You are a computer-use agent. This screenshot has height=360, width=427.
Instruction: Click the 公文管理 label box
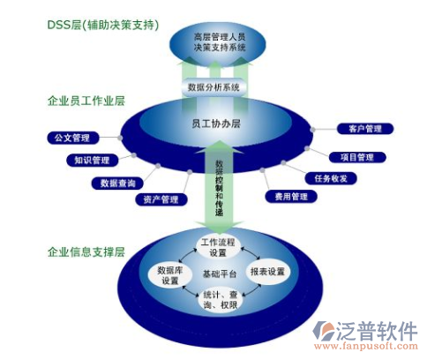pyautogui.click(x=71, y=138)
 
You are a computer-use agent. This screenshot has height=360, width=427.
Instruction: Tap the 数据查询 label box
pyautogui.click(x=118, y=183)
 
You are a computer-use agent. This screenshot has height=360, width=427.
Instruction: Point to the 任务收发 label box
pyautogui.click(x=331, y=178)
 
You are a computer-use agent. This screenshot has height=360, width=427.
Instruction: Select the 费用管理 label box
pyautogui.click(x=287, y=196)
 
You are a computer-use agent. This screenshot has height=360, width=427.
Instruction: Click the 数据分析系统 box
pyautogui.click(x=214, y=87)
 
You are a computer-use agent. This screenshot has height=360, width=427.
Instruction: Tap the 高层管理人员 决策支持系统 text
pyautogui.click(x=215, y=41)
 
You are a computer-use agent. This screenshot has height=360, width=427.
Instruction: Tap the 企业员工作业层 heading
pyautogui.click(x=86, y=101)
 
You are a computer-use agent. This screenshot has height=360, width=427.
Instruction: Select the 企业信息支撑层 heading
pyautogui.click(x=86, y=251)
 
